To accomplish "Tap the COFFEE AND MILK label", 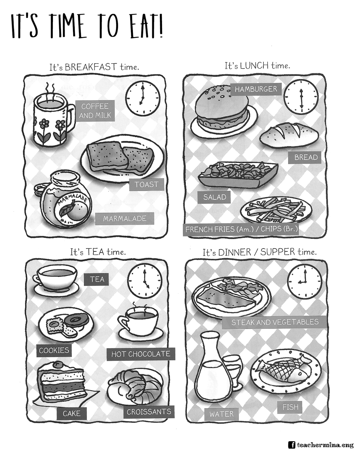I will click(95, 111).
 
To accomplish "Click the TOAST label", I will click(147, 184).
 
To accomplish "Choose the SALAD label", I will click(214, 197).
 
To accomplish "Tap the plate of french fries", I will click(275, 210).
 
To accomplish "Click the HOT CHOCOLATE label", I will click(141, 354).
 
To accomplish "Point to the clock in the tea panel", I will click(145, 281).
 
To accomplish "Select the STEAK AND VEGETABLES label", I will click(275, 322).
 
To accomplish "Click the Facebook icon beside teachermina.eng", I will click(291, 445).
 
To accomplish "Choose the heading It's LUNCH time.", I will click(257, 66).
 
